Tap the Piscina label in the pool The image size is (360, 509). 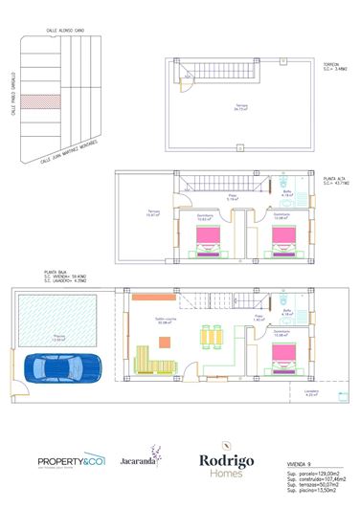(58, 337)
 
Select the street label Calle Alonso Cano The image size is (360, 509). (66, 31)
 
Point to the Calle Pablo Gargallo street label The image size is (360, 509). (13, 95)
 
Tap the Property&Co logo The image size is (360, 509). (70, 462)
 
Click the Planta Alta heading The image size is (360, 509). (335, 179)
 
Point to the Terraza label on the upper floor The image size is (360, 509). (152, 212)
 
